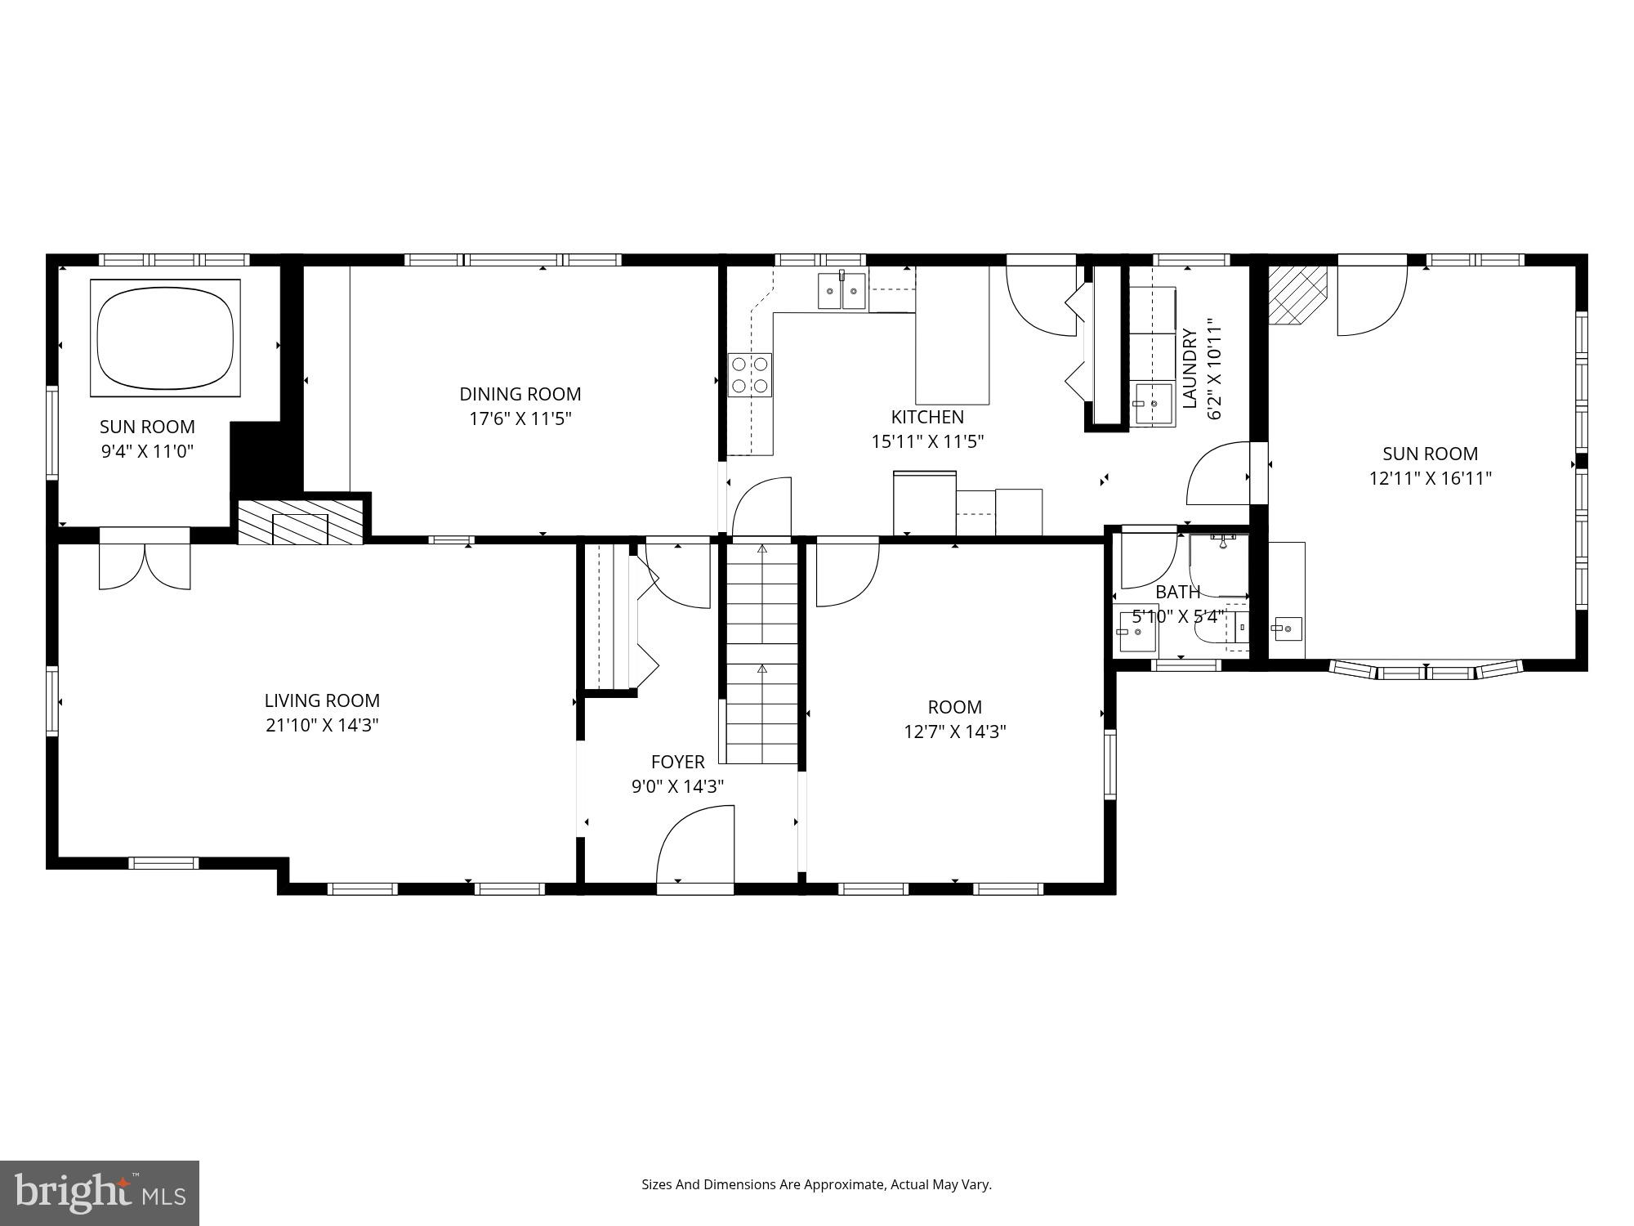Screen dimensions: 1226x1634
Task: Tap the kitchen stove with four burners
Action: pyautogui.click(x=750, y=375)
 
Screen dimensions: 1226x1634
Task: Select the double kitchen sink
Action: pyautogui.click(x=842, y=291)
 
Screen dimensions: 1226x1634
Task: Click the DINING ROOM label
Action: pyautogui.click(x=520, y=394)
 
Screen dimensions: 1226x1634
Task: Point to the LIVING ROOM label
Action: pyautogui.click(x=322, y=700)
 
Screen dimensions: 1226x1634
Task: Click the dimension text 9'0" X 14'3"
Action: pyautogui.click(x=677, y=786)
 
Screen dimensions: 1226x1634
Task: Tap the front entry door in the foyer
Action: pyautogui.click(x=695, y=846)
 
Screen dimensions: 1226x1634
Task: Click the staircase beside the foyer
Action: pyautogui.click(x=762, y=654)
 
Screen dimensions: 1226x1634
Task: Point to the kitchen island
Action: pyautogui.click(x=952, y=335)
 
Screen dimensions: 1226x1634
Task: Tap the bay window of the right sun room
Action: pyautogui.click(x=1426, y=670)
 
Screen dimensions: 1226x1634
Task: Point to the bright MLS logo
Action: pyautogui.click(x=99, y=1194)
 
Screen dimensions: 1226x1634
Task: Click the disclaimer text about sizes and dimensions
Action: pyautogui.click(x=815, y=1184)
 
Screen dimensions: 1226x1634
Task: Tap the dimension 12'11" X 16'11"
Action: pyautogui.click(x=1430, y=478)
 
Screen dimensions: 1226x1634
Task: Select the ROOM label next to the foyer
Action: pyautogui.click(x=954, y=707)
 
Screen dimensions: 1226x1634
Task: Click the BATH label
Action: pyautogui.click(x=1177, y=592)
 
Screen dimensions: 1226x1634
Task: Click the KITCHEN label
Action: pyautogui.click(x=926, y=417)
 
